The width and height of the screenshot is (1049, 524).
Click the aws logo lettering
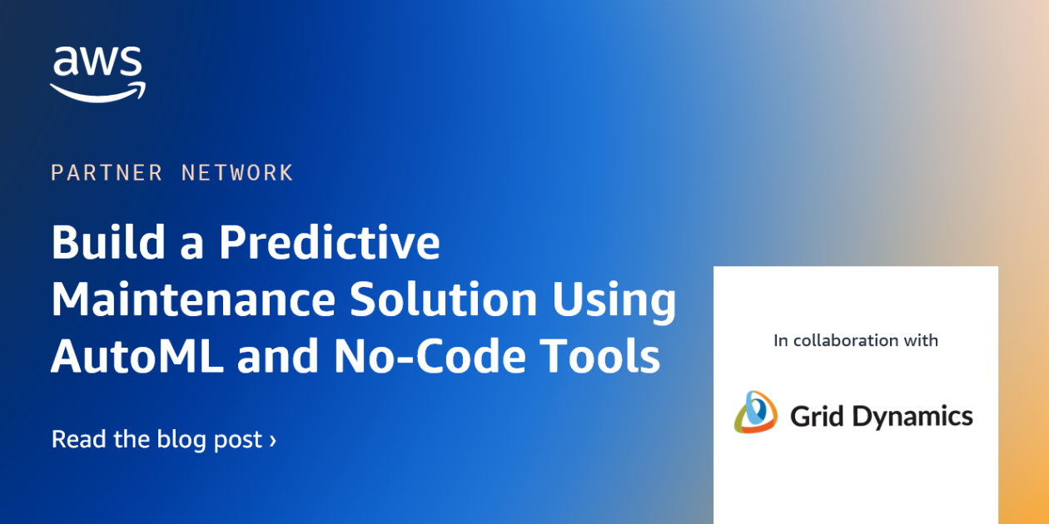(97, 61)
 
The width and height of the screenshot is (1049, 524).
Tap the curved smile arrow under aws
(98, 92)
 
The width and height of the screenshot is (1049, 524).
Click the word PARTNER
(107, 173)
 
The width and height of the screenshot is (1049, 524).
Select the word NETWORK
(237, 173)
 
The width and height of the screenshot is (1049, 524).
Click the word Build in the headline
(108, 241)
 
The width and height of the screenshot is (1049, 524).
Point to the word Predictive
(330, 241)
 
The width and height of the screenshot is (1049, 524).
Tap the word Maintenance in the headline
(193, 299)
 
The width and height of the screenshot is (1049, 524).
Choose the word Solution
(444, 299)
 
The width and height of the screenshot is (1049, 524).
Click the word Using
(614, 302)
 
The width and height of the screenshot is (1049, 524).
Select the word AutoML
(137, 356)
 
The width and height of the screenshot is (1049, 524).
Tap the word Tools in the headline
(600, 356)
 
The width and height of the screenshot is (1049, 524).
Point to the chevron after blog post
(272, 441)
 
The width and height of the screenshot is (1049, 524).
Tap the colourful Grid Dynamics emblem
(756, 412)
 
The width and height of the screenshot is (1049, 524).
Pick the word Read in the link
(78, 439)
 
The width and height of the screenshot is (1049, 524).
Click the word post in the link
(238, 441)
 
